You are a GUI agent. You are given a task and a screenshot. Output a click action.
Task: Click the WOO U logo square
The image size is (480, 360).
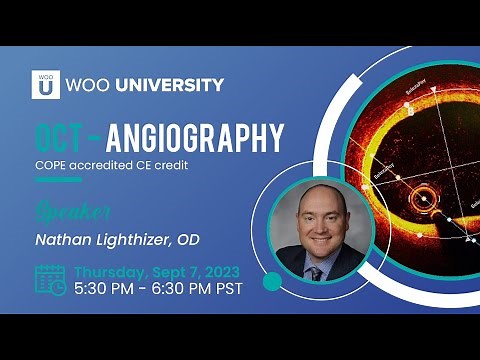pyautogui.click(x=45, y=84)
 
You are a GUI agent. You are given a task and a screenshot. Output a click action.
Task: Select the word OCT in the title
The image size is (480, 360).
pyautogui.click(x=63, y=138)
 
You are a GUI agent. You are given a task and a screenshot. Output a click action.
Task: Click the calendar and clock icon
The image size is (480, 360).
pyautogui.click(x=50, y=280)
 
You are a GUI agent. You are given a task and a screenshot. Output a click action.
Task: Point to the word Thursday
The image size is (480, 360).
pyautogui.click(x=111, y=271)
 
